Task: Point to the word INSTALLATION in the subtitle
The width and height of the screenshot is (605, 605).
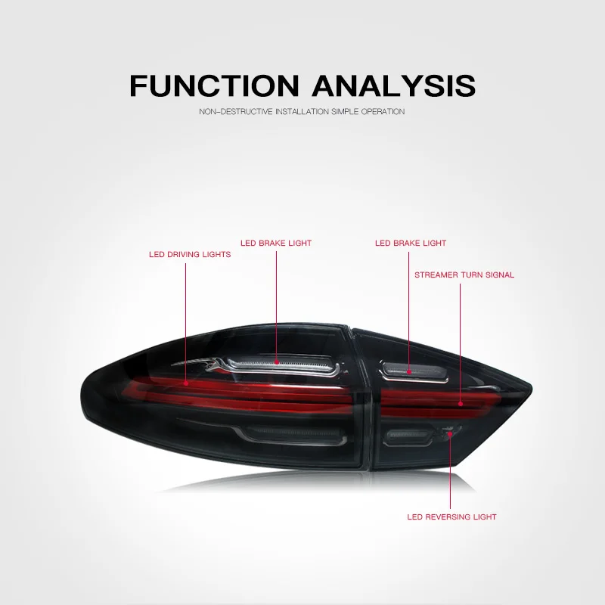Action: pyautogui.click(x=297, y=112)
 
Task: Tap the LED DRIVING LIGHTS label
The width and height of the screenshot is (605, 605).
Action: pyautogui.click(x=190, y=255)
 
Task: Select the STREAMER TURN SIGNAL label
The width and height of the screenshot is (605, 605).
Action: pyautogui.click(x=464, y=275)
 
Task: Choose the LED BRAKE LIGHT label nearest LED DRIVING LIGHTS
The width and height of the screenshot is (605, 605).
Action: pyautogui.click(x=276, y=244)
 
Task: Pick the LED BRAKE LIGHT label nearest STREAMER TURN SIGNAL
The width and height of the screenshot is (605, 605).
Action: pyautogui.click(x=411, y=244)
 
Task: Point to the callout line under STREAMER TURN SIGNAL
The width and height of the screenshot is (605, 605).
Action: pyautogui.click(x=461, y=340)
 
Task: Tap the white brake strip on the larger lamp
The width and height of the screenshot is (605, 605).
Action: pyautogui.click(x=295, y=365)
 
